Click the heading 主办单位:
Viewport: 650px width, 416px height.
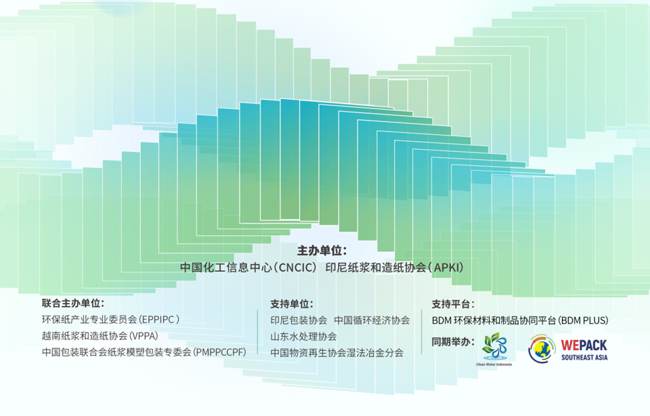click(322, 251)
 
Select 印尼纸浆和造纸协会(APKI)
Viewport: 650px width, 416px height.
click(394, 267)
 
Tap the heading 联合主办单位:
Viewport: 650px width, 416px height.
click(73, 303)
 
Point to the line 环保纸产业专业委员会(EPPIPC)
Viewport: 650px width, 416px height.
click(110, 319)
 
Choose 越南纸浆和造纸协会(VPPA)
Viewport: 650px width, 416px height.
click(100, 335)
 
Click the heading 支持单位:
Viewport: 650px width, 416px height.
click(292, 304)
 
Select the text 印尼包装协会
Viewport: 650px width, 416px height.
click(299, 320)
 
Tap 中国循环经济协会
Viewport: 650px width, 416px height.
click(372, 320)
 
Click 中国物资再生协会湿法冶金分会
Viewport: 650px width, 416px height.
click(337, 352)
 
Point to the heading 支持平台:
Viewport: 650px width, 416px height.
click(453, 304)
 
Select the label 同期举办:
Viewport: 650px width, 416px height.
click(453, 341)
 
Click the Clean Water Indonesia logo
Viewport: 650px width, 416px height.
click(494, 349)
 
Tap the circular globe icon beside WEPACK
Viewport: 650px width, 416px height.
click(542, 349)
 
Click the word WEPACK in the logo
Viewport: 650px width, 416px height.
click(584, 345)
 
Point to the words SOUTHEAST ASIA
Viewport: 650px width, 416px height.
click(584, 358)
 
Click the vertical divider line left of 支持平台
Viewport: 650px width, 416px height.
click(422, 332)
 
